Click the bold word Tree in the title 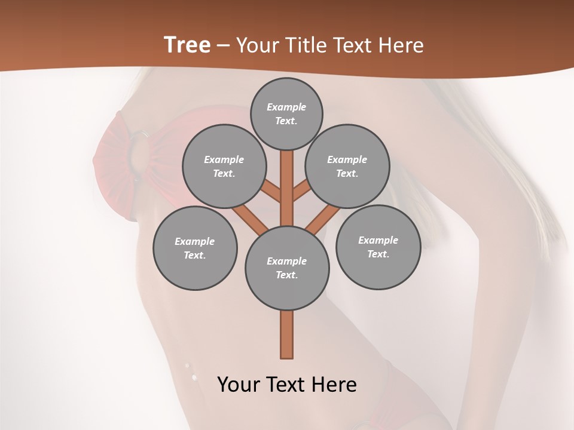pyautogui.click(x=187, y=45)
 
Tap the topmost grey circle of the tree pyautogui.click(x=286, y=113)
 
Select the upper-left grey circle pyautogui.click(x=224, y=166)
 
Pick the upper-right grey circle pyautogui.click(x=347, y=166)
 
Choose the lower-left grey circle pyautogui.click(x=194, y=248)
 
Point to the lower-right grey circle pyautogui.click(x=378, y=247)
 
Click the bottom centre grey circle pyautogui.click(x=287, y=268)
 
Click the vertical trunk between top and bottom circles pyautogui.click(x=287, y=188)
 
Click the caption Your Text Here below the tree pyautogui.click(x=287, y=385)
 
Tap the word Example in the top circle pyautogui.click(x=286, y=107)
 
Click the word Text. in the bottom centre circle pyautogui.click(x=286, y=275)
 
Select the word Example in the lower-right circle pyautogui.click(x=378, y=240)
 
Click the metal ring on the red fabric pyautogui.click(x=139, y=136)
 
